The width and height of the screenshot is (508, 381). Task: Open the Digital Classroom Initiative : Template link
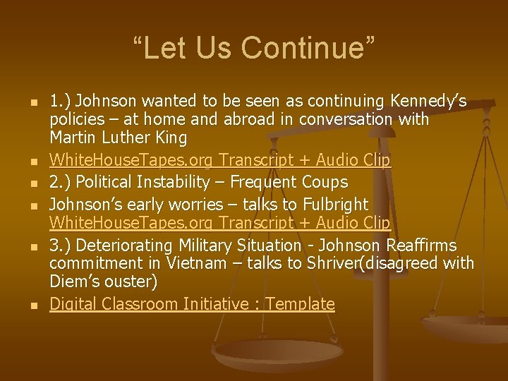[192, 304]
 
